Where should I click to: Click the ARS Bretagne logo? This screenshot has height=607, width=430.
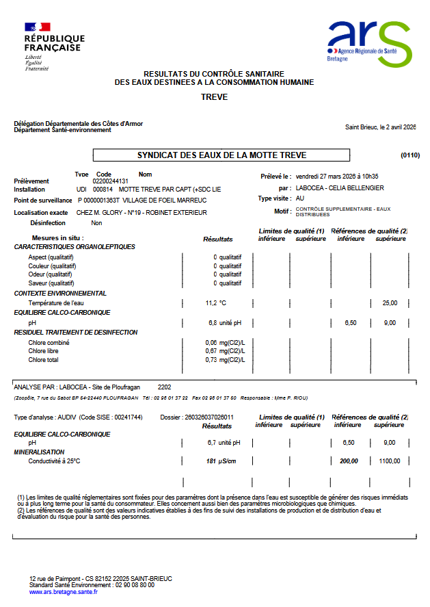tap(368, 43)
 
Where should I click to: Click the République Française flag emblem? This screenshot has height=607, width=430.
tap(38, 27)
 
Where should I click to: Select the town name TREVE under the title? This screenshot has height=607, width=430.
tap(214, 97)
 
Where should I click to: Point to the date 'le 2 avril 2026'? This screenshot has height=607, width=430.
tap(391, 127)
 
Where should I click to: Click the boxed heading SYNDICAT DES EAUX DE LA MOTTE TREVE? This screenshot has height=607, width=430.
tap(221, 155)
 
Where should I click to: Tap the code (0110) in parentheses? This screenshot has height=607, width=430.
tap(410, 155)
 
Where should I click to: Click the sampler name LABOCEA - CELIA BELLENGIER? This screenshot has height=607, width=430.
tap(340, 188)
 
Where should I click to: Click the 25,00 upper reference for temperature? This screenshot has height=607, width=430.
tap(390, 302)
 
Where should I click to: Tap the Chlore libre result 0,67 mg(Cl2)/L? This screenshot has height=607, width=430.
tap(225, 351)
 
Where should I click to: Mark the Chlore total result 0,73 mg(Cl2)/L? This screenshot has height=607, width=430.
tap(225, 360)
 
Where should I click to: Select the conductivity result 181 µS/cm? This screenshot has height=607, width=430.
tap(221, 461)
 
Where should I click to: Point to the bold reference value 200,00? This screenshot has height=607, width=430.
tap(349, 461)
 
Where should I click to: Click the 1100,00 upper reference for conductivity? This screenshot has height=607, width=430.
tap(390, 461)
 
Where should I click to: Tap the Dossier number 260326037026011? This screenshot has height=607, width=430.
tap(206, 417)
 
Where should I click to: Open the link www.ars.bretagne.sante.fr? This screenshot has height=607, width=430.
tap(63, 592)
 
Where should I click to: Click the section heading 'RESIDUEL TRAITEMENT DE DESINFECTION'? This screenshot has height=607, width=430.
tap(76, 333)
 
